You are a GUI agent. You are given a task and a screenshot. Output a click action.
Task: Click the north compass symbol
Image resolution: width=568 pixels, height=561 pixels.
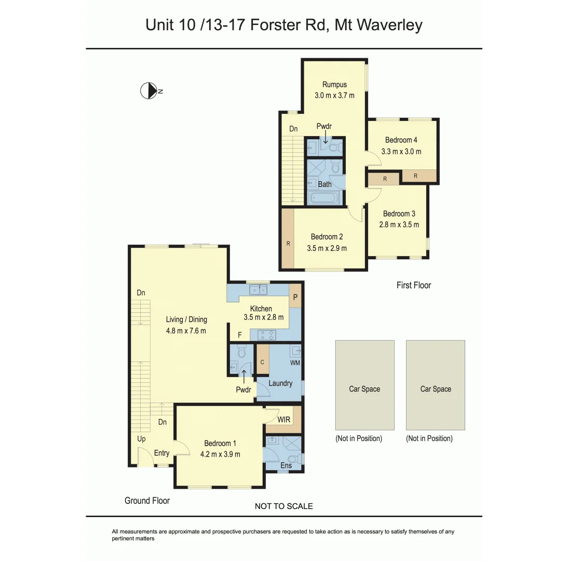[149, 91]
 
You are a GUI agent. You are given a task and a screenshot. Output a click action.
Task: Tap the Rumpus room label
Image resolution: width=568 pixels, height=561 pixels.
[334, 84]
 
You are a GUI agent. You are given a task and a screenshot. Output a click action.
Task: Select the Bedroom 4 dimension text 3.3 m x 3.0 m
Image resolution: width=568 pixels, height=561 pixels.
[401, 152]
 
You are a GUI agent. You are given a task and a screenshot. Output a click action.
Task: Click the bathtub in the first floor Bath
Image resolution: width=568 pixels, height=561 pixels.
[323, 198]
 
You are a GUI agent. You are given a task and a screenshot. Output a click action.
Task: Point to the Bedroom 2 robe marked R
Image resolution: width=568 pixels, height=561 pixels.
[287, 243]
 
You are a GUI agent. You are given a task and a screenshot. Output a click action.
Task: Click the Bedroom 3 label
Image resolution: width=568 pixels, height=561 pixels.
[399, 213]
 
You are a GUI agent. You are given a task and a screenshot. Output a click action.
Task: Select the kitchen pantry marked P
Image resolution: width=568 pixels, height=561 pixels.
[295, 297]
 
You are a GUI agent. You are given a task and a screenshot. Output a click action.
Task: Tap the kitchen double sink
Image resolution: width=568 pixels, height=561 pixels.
[258, 290]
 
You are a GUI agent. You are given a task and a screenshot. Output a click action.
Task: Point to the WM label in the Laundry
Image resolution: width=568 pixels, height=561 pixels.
[295, 362]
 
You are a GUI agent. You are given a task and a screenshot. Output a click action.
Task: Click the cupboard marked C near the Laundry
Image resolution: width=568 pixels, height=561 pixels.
[263, 362]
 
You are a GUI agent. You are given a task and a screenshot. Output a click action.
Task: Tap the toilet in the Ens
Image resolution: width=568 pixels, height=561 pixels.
[295, 459]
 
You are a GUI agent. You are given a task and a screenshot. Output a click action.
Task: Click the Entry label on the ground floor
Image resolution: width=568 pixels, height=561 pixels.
[161, 453]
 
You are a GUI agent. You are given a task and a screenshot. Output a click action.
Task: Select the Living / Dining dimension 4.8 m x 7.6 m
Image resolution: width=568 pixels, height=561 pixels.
[186, 330]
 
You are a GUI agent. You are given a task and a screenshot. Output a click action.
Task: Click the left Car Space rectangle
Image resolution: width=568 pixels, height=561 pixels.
[364, 385]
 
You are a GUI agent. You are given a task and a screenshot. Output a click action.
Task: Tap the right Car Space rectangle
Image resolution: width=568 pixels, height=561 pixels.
[435, 385]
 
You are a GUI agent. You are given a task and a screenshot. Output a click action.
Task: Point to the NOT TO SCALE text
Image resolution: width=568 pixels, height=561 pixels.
[283, 506]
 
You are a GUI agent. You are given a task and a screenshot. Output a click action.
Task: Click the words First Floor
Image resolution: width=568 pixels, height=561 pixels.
[413, 285]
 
